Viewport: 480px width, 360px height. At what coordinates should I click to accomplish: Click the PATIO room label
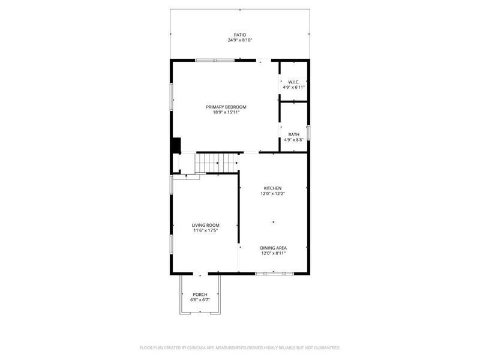240,35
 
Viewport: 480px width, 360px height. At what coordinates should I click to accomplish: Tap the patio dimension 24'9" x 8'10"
240,40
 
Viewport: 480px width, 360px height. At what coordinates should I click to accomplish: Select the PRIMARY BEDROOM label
226,107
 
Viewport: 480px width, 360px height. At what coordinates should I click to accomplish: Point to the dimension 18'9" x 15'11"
226,112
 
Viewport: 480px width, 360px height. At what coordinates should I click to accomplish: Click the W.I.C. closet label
294,82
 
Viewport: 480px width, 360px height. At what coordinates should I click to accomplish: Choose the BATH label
294,134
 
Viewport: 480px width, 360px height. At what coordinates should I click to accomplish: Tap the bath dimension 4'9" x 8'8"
294,140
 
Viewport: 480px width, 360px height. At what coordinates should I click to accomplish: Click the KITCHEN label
273,188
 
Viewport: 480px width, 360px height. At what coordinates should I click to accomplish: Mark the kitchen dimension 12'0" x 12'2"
273,193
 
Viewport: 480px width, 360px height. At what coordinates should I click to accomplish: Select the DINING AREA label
273,248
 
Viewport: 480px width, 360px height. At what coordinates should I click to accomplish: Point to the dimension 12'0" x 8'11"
273,253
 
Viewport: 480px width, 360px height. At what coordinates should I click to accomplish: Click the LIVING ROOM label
205,225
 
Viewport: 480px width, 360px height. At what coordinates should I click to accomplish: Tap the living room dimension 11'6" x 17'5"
205,230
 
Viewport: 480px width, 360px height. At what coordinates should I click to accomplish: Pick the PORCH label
200,295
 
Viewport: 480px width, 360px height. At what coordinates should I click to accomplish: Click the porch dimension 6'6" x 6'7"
200,300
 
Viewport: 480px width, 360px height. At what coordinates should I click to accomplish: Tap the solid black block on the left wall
176,146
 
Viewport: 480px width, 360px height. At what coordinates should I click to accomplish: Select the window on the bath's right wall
308,132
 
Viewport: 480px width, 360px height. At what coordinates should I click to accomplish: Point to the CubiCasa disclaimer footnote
240,347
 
